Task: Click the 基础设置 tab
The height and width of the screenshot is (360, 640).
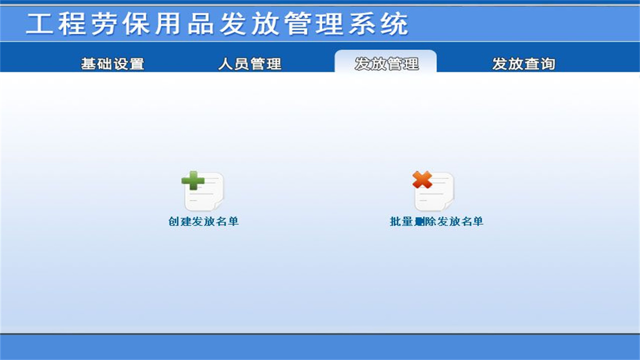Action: (x=112, y=64)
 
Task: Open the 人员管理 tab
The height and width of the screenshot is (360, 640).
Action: (x=249, y=64)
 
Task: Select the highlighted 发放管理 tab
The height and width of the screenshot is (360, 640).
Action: (x=386, y=63)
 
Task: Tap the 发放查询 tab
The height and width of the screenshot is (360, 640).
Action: (x=523, y=64)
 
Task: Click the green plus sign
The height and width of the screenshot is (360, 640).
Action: (x=193, y=180)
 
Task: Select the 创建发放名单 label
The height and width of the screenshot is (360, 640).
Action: (x=203, y=221)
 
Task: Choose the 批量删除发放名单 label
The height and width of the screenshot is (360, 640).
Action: (x=436, y=221)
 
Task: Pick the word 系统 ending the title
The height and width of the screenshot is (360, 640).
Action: (x=378, y=24)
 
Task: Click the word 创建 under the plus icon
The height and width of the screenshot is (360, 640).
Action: (x=180, y=221)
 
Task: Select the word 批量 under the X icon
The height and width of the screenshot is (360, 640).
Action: (x=401, y=221)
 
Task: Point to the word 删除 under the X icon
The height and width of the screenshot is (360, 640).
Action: (x=425, y=221)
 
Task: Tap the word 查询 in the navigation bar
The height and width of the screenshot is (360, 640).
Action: (x=539, y=64)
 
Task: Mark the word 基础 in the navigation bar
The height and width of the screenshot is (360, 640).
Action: (x=96, y=64)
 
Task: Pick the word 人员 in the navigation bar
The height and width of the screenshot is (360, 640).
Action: (x=233, y=64)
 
